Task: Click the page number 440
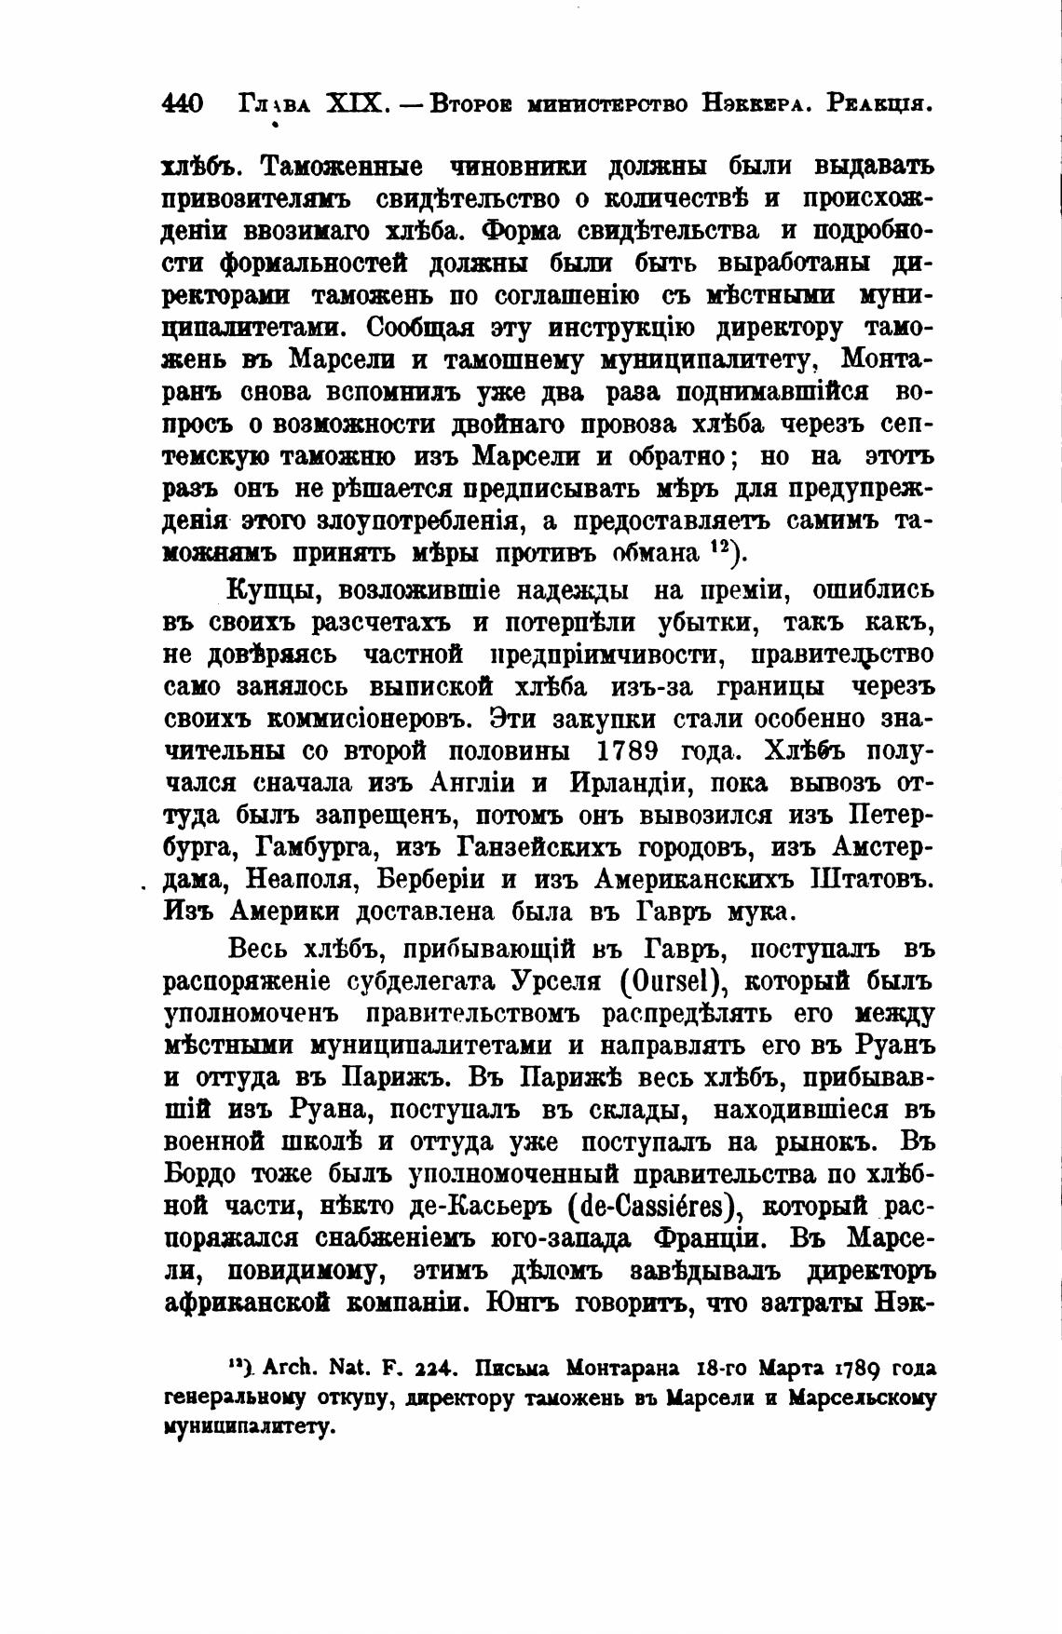point(182,103)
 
